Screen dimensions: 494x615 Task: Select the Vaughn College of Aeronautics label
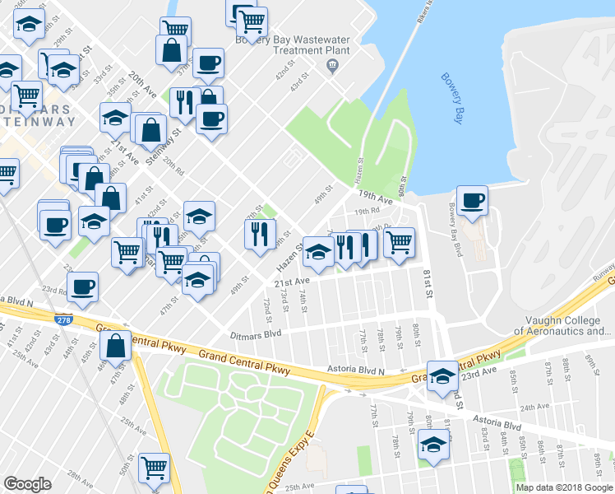(x=562, y=326)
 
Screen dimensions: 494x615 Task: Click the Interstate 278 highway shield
(x=63, y=318)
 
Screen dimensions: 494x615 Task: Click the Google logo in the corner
(x=27, y=483)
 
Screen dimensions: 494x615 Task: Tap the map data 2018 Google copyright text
(x=563, y=487)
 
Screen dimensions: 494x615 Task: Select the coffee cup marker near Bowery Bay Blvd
(x=473, y=201)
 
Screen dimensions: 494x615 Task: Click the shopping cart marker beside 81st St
(x=399, y=242)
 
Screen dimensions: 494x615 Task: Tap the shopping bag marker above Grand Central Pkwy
(x=116, y=346)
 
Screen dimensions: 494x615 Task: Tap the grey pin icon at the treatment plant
(x=332, y=65)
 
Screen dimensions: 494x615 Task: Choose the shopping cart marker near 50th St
(x=153, y=468)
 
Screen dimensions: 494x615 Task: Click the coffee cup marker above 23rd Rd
(x=83, y=287)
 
